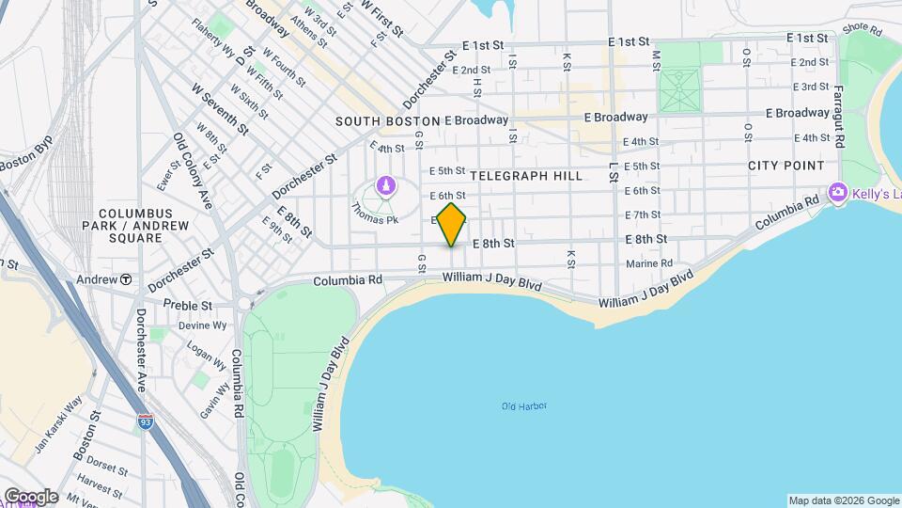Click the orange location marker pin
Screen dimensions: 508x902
452,224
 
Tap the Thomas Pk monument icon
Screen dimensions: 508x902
384,186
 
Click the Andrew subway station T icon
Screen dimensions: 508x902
125,279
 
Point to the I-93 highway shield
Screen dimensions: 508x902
145,422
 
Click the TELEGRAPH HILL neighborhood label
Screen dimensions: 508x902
526,176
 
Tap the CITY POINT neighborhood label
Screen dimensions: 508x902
785,166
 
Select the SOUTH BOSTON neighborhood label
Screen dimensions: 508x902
388,121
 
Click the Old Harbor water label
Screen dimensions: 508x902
523,406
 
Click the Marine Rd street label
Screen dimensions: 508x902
648,263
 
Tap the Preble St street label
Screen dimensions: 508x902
188,305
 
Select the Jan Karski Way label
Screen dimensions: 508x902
59,424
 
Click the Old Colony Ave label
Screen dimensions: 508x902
194,170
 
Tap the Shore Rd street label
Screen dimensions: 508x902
861,29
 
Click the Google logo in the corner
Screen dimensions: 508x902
31,496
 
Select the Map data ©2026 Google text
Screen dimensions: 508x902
843,500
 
